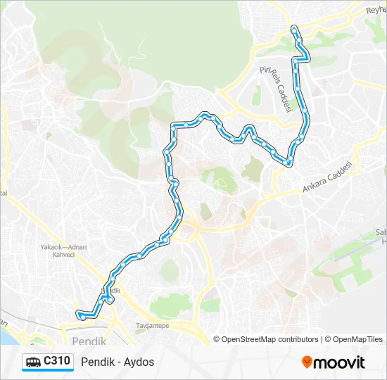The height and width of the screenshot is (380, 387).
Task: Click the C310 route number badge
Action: (56, 362)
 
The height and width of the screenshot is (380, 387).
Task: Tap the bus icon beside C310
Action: (33, 362)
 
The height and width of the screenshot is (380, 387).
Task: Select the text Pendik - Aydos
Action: (118, 362)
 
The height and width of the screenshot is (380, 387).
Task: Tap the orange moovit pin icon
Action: (307, 362)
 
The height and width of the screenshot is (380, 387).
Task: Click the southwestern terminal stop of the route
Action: (82, 317)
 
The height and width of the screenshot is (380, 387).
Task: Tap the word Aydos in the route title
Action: (139, 362)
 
